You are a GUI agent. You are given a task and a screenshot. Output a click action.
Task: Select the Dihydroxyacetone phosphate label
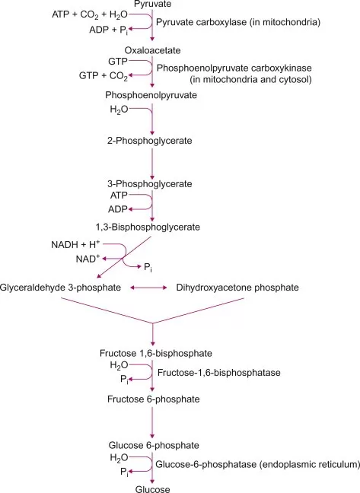tap(237, 288)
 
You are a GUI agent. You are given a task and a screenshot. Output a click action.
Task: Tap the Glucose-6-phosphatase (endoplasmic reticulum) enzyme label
tap(257, 463)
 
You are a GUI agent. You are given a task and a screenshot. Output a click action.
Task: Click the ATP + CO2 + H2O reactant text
tap(95, 15)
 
